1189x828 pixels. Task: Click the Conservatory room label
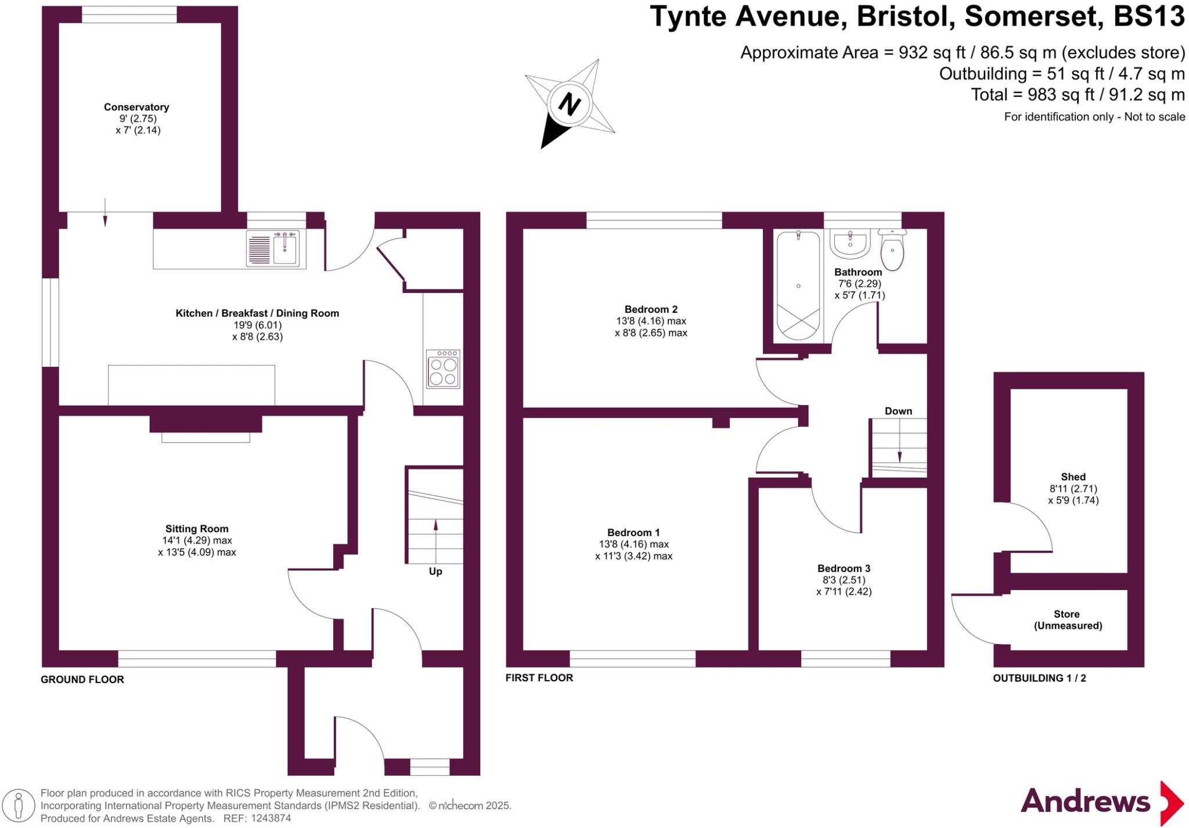click(x=136, y=107)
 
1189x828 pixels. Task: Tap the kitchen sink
click(x=273, y=248)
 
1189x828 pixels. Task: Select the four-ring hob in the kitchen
click(x=444, y=368)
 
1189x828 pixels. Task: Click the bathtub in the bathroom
click(x=798, y=285)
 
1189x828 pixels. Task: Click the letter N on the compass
click(x=569, y=104)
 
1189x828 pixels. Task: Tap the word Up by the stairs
click(x=435, y=572)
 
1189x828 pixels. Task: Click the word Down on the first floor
click(x=898, y=411)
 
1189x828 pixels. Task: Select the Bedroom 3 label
click(x=844, y=569)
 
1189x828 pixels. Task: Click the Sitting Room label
click(x=197, y=529)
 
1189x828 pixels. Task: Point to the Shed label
click(x=1073, y=477)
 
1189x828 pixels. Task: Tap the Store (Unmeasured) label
click(x=1068, y=620)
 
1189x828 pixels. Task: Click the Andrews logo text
click(x=1085, y=802)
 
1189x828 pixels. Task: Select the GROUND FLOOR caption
click(x=82, y=679)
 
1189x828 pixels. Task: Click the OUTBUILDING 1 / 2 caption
click(x=1039, y=678)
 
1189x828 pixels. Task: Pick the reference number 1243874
click(x=271, y=819)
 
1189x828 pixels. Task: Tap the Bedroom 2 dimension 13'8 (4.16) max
click(x=651, y=321)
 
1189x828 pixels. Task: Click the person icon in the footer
click(x=19, y=806)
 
